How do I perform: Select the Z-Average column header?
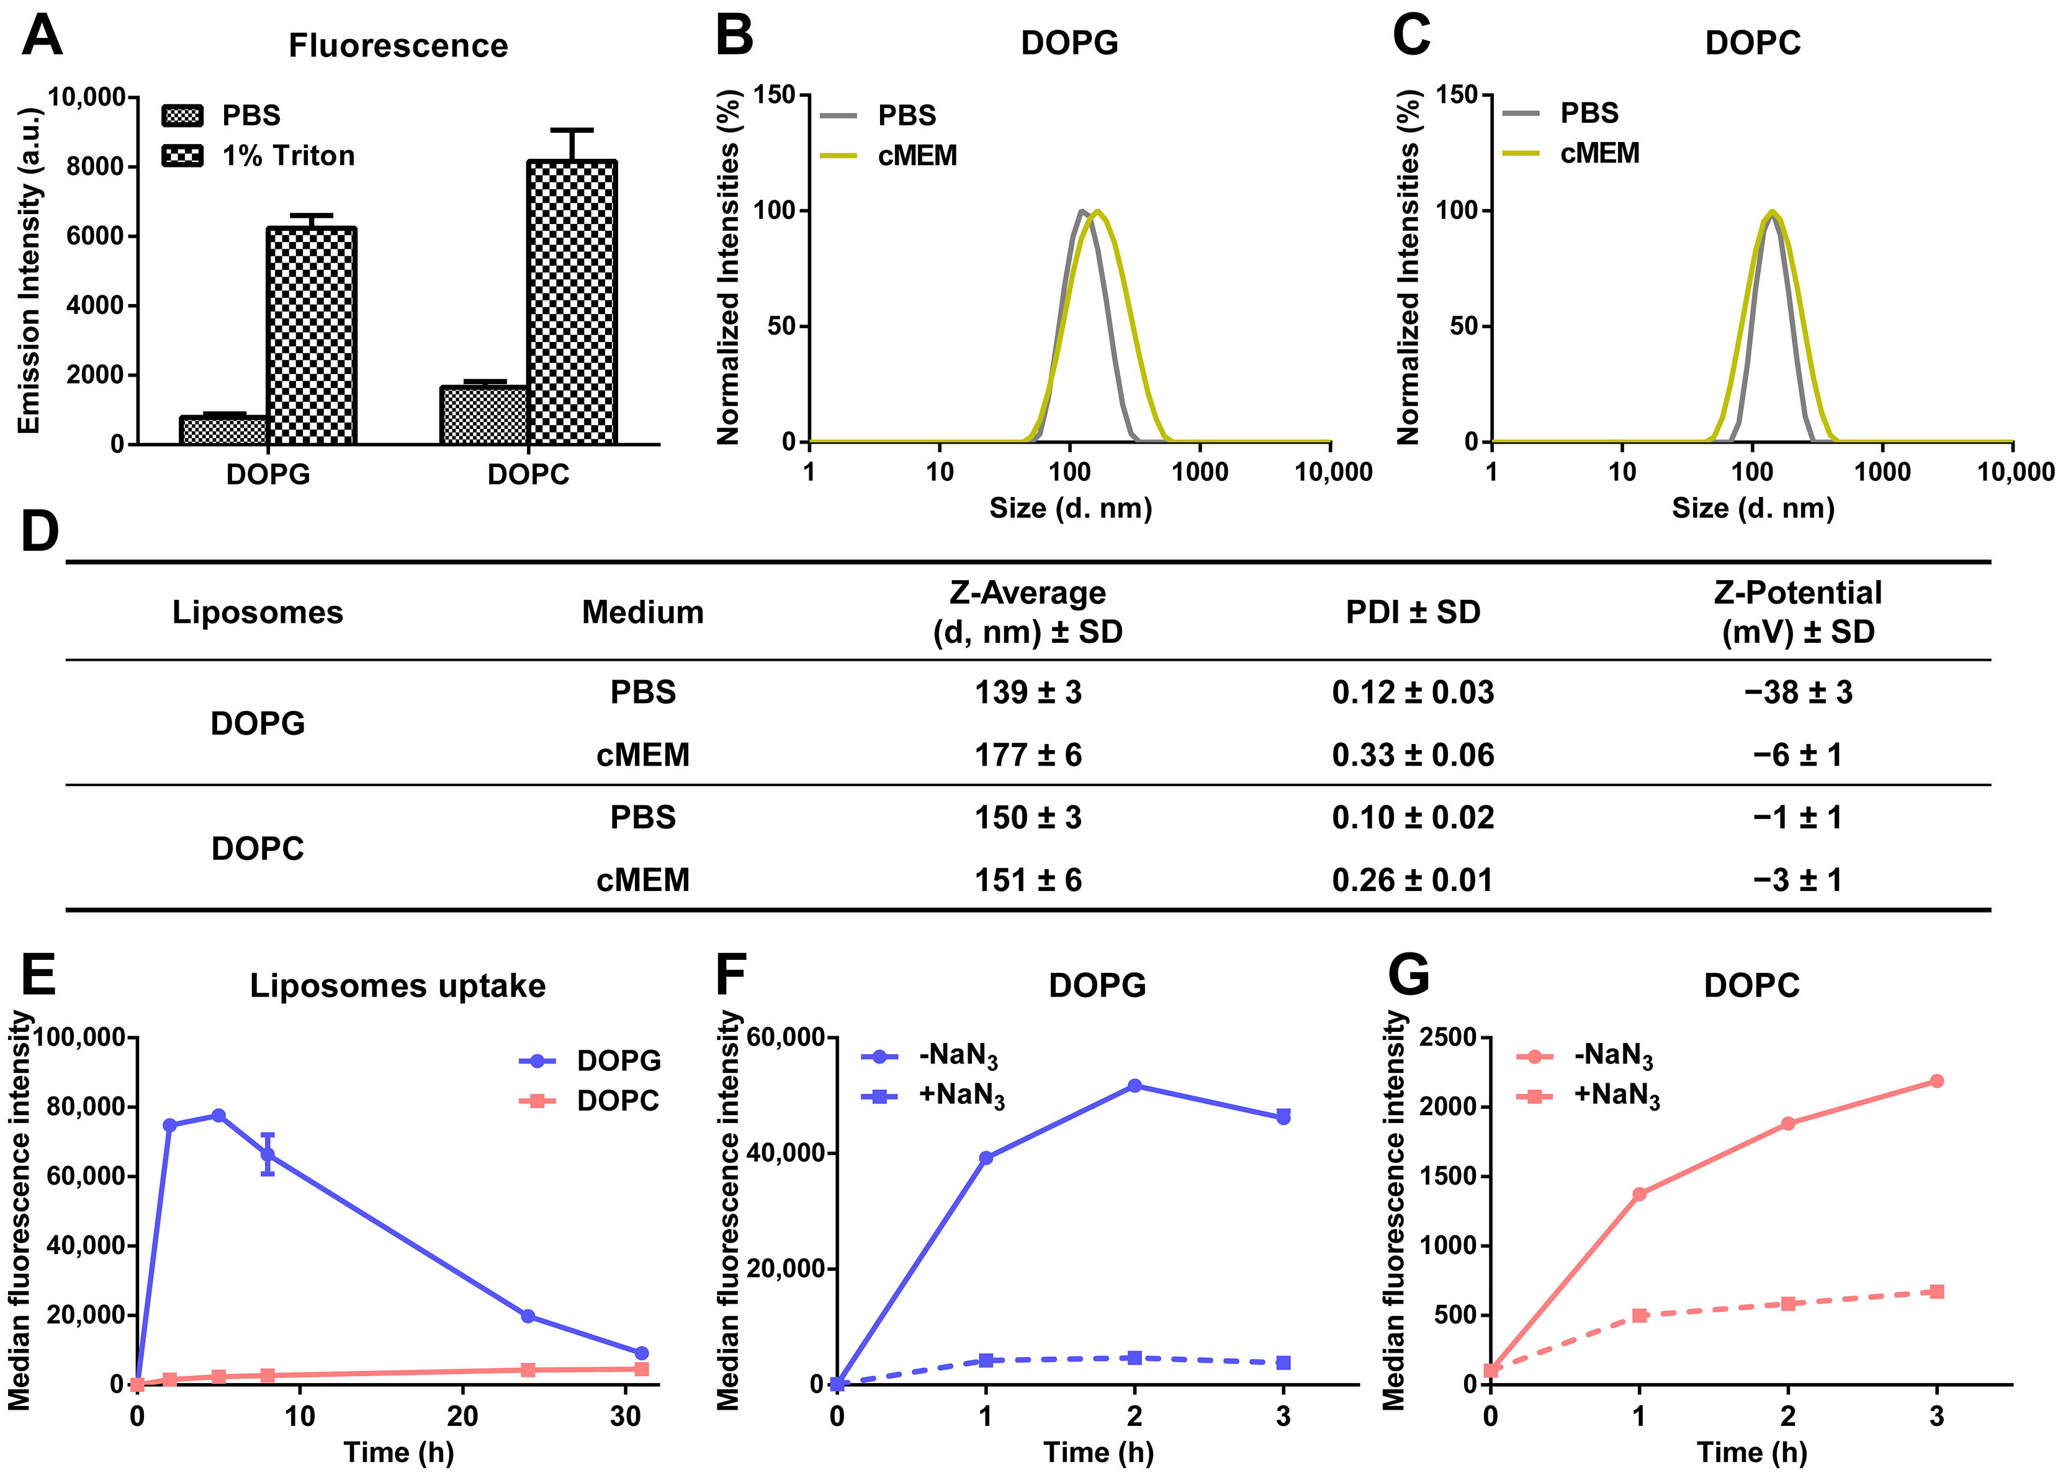(1028, 611)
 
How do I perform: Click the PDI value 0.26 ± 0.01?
(1412, 879)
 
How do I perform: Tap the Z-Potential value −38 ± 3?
(1797, 692)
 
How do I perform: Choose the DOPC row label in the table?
(258, 849)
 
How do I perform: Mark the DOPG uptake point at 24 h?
(528, 1316)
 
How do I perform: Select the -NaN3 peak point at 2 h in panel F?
(1135, 1086)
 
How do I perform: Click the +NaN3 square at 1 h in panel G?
(1639, 1315)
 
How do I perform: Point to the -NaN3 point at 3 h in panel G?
(1936, 1080)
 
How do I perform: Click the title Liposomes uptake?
(397, 986)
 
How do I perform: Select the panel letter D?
(39, 532)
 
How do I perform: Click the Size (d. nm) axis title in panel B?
(1071, 508)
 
